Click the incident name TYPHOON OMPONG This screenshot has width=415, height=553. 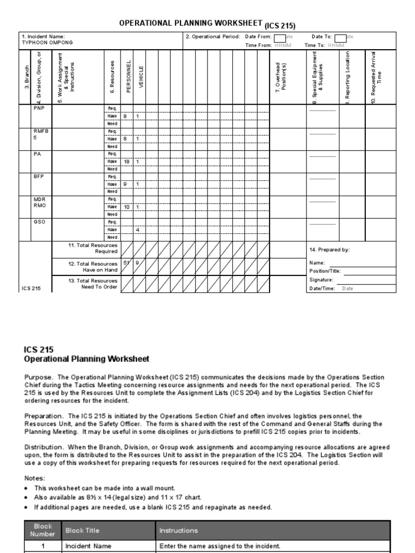pos(47,42)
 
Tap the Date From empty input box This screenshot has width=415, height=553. pos(279,37)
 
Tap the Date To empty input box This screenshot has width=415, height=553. pos(340,37)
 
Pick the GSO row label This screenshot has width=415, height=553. pos(39,222)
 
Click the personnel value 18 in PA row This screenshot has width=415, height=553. pos(127,161)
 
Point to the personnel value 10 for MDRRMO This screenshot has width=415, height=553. pos(127,207)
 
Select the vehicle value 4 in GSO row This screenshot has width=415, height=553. pos(138,230)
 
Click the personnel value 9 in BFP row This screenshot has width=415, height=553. pos(125,184)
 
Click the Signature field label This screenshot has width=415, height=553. pos(321,280)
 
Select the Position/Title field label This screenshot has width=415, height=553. pos(325,271)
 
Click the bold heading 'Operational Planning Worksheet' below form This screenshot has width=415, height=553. pos(87,359)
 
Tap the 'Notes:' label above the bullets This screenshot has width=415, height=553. pos(35,478)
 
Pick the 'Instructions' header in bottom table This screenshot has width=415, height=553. pos(178,530)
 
